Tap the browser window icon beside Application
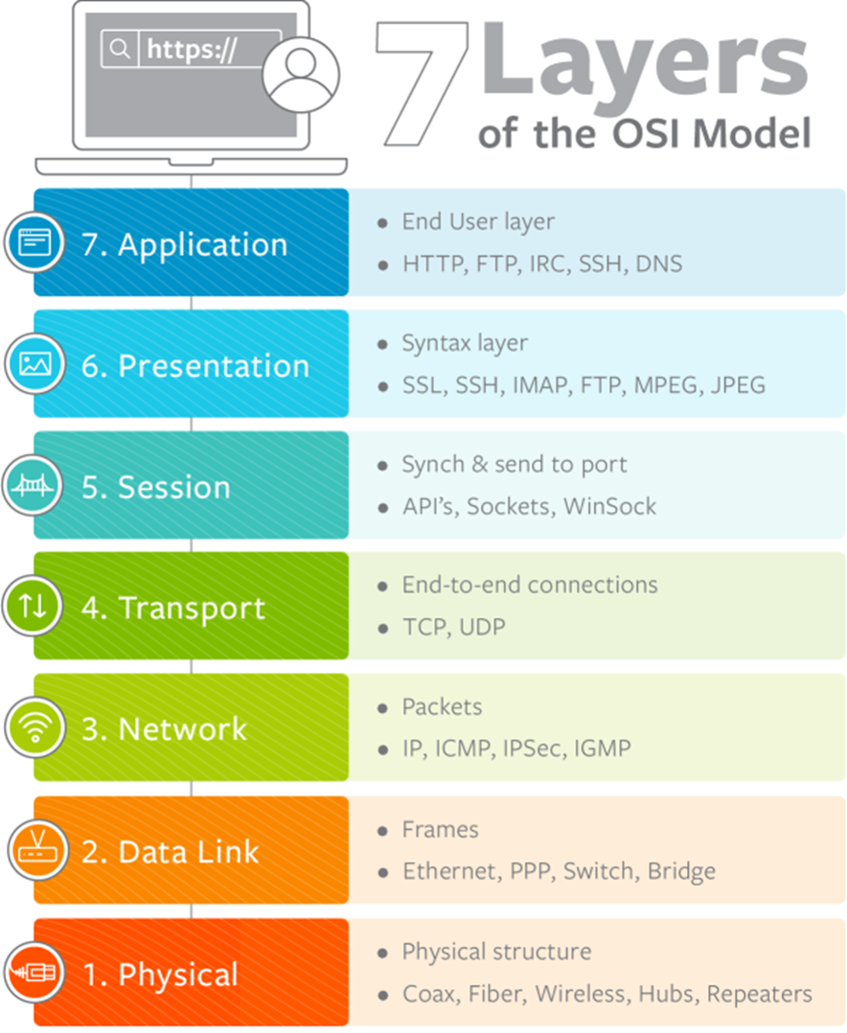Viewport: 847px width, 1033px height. tap(34, 242)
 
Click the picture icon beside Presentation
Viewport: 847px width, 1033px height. tap(34, 364)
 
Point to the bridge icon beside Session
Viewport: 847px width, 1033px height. tap(34, 486)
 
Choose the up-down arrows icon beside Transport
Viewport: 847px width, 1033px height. tap(34, 607)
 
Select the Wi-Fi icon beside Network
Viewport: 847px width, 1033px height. tap(34, 728)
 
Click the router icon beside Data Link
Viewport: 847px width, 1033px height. tap(34, 850)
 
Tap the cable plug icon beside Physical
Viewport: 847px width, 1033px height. tap(34, 972)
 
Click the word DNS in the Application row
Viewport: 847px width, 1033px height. tap(659, 264)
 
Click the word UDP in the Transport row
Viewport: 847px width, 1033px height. tap(481, 628)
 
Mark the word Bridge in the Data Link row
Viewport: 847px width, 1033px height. tap(681, 871)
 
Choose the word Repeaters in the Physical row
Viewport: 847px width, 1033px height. tap(759, 994)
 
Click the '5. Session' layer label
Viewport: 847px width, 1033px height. tap(156, 487)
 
